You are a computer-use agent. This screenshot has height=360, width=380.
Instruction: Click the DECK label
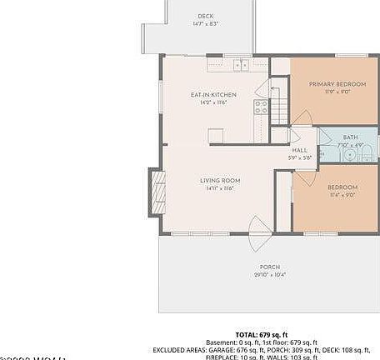coord(205,16)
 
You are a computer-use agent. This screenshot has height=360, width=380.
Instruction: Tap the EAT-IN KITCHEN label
coord(214,95)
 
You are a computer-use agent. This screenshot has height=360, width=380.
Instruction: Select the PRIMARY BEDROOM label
coord(337,84)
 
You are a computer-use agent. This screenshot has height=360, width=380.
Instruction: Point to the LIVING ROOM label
coord(220,181)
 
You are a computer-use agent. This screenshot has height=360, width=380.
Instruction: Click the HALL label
coord(299,150)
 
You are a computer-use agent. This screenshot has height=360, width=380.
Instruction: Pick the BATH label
coord(349,136)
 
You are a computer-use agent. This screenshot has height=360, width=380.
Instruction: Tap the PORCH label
coord(269,267)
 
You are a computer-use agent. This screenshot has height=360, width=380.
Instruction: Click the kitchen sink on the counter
coord(242,65)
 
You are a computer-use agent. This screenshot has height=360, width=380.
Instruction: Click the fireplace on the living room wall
coord(156,191)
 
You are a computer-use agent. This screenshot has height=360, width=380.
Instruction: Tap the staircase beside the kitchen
coord(278,107)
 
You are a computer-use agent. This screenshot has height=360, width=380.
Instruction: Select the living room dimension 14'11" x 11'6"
coord(220,189)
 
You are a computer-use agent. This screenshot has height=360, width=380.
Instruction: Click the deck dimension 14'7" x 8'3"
coord(205,24)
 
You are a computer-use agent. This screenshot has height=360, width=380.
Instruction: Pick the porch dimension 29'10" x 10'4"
coord(269,275)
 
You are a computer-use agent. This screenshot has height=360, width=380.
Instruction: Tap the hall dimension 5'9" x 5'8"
coord(299,157)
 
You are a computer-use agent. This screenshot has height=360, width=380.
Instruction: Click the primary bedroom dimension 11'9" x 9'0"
coord(337,92)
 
